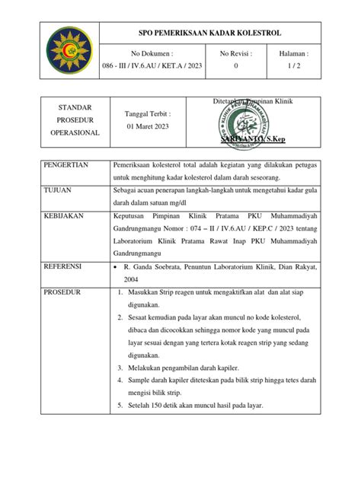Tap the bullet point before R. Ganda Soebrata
(x=114, y=268)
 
